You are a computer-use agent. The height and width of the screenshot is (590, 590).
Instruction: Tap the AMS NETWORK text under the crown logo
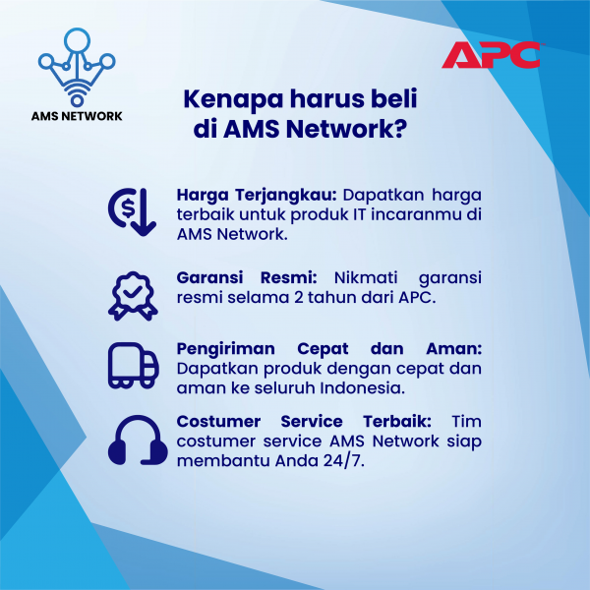(77, 116)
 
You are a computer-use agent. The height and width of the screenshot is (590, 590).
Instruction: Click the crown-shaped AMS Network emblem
(77, 67)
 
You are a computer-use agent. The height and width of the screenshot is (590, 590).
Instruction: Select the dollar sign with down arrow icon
(132, 211)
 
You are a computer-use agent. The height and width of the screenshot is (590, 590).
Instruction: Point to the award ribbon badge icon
(133, 296)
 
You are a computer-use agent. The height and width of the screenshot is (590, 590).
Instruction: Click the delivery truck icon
(133, 366)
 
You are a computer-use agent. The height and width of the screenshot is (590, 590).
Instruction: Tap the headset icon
(138, 440)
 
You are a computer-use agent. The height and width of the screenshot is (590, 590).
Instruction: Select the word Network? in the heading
(346, 129)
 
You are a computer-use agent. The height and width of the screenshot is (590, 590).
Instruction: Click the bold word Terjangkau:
(286, 196)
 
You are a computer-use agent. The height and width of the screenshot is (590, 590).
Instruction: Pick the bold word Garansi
(210, 277)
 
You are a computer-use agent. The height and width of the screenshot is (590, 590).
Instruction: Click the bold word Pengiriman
(226, 349)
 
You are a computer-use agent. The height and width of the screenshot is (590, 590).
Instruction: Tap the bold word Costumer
(218, 422)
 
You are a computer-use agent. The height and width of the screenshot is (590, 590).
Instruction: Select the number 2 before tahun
(298, 298)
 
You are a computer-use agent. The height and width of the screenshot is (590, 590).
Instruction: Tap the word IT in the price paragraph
(359, 214)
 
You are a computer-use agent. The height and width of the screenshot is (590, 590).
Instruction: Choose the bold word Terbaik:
(397, 422)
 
